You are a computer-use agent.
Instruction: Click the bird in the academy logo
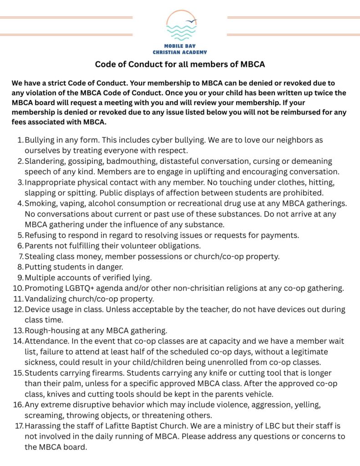(193, 21)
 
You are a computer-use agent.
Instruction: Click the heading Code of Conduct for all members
(180, 64)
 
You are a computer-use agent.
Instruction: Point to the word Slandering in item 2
(46, 162)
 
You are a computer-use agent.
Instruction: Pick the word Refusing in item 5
(41, 235)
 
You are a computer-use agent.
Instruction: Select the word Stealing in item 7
(40, 256)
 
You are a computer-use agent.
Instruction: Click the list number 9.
(20, 277)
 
